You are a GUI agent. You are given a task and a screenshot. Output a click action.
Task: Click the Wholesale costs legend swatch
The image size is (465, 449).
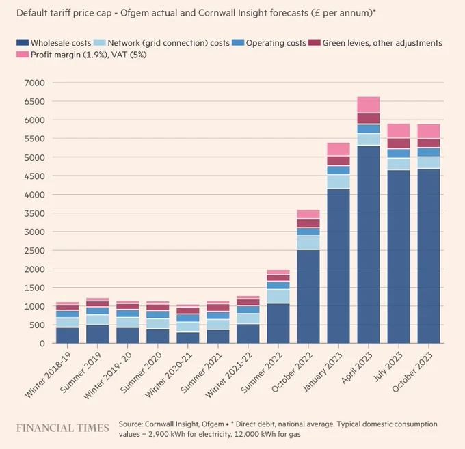(x=23, y=42)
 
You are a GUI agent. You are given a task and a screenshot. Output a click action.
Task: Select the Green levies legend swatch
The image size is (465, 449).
(x=315, y=42)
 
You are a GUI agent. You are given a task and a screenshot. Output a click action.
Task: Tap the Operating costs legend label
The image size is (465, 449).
(x=276, y=43)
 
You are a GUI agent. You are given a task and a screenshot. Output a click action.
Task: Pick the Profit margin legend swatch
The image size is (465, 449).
(x=23, y=55)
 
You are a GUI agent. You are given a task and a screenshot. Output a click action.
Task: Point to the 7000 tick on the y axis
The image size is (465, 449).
(x=35, y=83)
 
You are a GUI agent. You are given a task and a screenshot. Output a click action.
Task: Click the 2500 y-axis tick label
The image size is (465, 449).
(x=35, y=250)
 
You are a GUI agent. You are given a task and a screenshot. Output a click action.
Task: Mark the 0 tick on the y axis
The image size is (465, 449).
(x=42, y=344)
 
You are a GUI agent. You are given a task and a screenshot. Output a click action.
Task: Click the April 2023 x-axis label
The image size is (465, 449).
(x=356, y=368)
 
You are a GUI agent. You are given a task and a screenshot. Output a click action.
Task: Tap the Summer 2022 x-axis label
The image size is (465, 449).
(x=261, y=372)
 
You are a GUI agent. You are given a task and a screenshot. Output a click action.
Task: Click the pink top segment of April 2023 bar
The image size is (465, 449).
(x=369, y=105)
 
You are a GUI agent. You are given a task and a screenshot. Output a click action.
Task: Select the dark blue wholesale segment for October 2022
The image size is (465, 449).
(x=308, y=297)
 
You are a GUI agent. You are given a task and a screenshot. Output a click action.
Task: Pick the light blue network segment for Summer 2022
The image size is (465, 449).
(x=278, y=296)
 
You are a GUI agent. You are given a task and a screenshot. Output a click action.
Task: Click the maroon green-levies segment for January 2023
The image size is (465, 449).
(x=338, y=161)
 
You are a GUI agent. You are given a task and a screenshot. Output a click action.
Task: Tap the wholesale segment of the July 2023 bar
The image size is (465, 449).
(x=399, y=257)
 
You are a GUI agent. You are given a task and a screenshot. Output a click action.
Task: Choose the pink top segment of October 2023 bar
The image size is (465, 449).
(x=429, y=131)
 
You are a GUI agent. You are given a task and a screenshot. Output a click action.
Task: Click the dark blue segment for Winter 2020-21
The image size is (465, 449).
(x=188, y=338)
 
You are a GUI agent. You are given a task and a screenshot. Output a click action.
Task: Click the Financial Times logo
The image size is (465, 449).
(x=63, y=428)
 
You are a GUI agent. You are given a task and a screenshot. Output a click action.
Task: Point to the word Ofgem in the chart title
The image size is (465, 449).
(x=133, y=14)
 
